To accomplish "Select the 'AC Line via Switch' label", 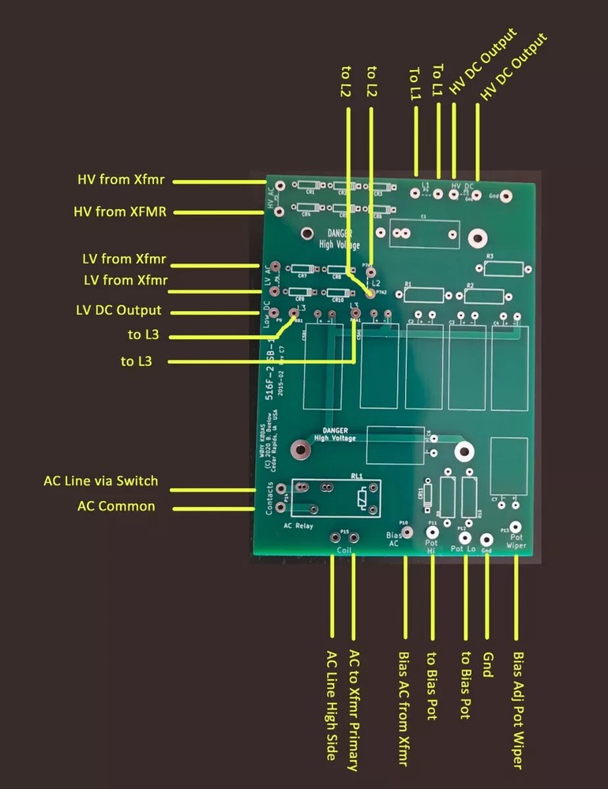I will pos(101,481).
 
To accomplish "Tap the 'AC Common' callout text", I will pos(115,506).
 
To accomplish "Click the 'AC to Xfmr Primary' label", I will pos(354,710).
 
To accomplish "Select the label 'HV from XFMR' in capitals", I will pos(120,211).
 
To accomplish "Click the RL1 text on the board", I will pos(357,477).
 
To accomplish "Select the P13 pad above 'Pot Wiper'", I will pos(515,527).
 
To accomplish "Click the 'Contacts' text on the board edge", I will pos(269,498).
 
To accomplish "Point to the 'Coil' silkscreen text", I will pos(343,549).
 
